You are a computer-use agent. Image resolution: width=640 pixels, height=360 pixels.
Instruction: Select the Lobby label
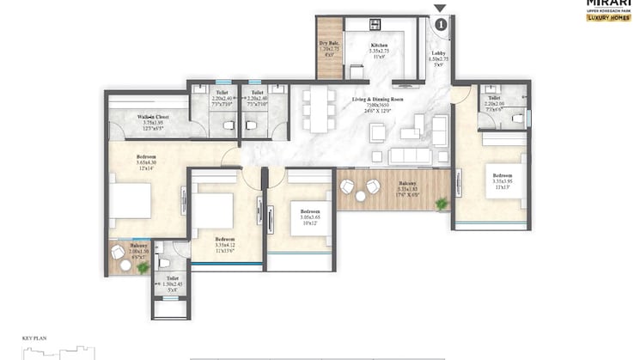click(437, 58)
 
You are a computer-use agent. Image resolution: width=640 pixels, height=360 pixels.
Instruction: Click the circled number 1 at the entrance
click(440, 25)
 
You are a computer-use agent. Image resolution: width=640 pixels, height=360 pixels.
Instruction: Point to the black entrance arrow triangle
click(440, 9)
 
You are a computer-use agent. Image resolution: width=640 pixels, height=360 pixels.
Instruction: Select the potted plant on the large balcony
click(442, 204)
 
